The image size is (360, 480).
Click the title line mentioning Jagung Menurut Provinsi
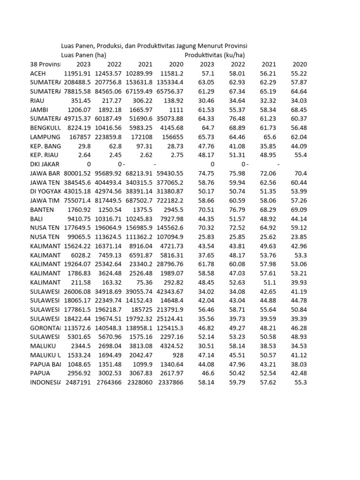[154, 46]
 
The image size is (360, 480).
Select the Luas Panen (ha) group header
[83, 55]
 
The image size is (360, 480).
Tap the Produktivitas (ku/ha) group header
[215, 55]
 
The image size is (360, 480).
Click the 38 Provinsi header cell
[45, 64]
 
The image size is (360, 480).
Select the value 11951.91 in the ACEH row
[77, 74]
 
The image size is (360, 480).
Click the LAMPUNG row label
[45, 137]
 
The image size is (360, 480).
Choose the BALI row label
[36, 219]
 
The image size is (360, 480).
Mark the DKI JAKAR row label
[45, 164]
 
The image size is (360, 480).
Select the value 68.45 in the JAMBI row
[299, 110]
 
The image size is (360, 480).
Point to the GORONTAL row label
[45, 328]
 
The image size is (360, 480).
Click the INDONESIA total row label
[45, 382]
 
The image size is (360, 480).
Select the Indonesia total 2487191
[77, 382]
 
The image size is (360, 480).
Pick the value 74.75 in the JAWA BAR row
[207, 173]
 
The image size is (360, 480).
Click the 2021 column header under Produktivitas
[269, 64]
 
